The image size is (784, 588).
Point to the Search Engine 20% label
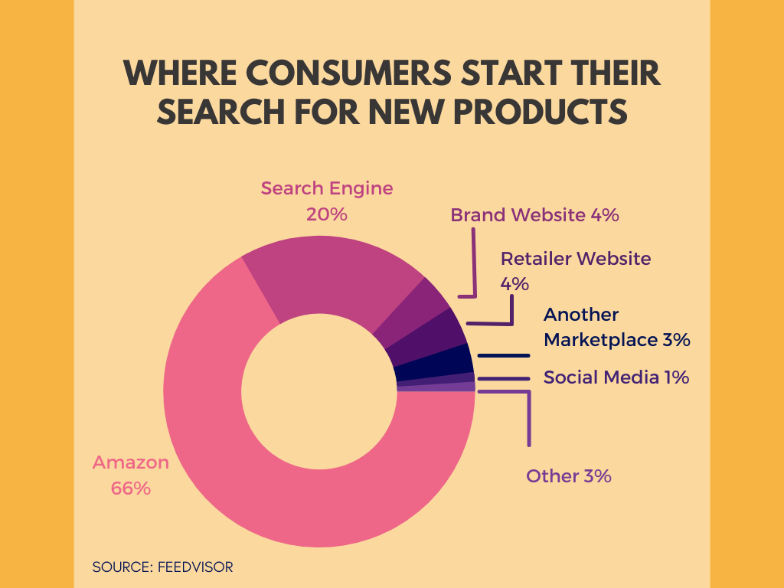[326, 201]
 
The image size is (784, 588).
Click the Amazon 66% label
[130, 475]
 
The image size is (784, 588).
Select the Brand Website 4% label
[534, 215]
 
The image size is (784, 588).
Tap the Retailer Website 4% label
[576, 271]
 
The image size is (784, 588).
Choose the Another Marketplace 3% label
[617, 327]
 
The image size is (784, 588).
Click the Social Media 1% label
[616, 377]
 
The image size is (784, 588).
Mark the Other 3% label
[569, 476]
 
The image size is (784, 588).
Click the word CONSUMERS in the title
[348, 73]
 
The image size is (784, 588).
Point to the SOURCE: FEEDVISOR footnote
[162, 567]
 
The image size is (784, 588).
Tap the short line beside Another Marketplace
[504, 355]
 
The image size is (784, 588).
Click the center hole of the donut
[319, 391]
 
